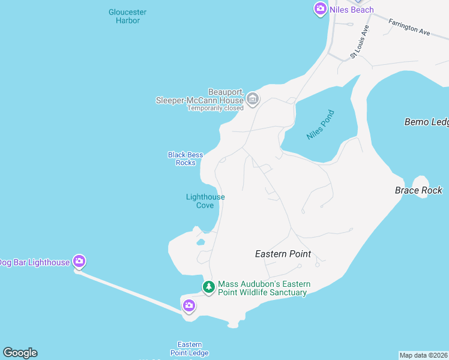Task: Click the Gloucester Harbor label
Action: pyautogui.click(x=127, y=16)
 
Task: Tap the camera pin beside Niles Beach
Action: pyautogui.click(x=320, y=8)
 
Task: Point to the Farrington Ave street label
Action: pyautogui.click(x=409, y=28)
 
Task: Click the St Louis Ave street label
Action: pyautogui.click(x=360, y=42)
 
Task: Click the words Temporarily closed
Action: pyautogui.click(x=215, y=108)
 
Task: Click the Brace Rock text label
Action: pyautogui.click(x=418, y=190)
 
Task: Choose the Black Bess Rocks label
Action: pyautogui.click(x=185, y=158)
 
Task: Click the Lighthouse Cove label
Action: pyautogui.click(x=205, y=201)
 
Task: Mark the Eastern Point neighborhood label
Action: pyautogui.click(x=283, y=254)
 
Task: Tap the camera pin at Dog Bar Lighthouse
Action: pyautogui.click(x=79, y=261)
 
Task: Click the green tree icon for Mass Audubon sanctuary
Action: pyautogui.click(x=208, y=287)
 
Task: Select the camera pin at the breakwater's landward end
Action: pyautogui.click(x=189, y=306)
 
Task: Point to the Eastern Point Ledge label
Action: pyautogui.click(x=190, y=349)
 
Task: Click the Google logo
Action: pyautogui.click(x=20, y=353)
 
